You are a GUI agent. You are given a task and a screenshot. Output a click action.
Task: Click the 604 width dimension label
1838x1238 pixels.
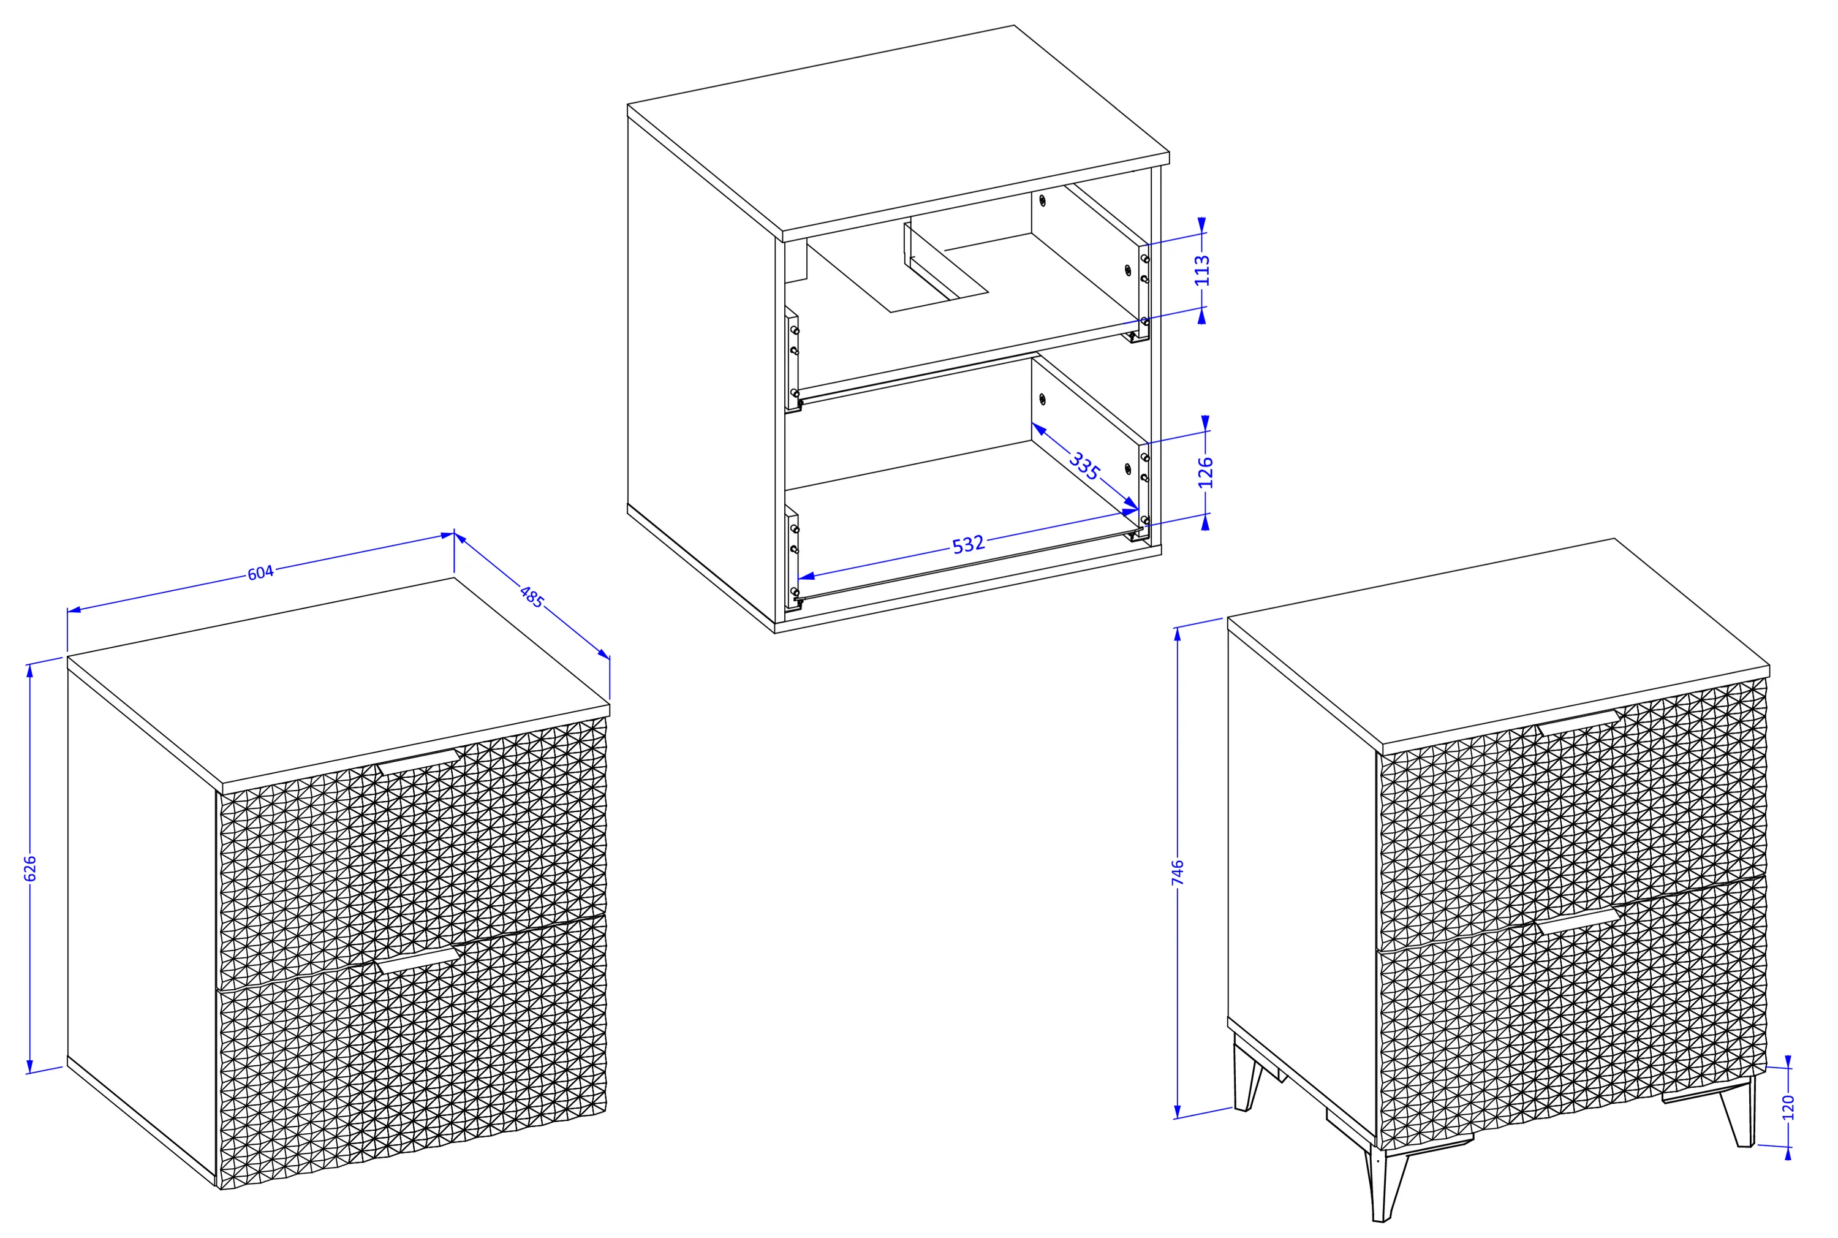pyautogui.click(x=260, y=572)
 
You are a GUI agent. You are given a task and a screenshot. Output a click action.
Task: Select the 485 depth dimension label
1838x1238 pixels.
pyautogui.click(x=532, y=597)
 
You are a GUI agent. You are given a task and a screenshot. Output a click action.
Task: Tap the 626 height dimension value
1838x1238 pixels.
pyautogui.click(x=30, y=868)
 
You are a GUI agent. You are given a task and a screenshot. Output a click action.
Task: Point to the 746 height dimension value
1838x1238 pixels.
pyautogui.click(x=1178, y=873)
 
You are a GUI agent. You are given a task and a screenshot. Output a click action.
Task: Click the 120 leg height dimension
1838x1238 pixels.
pyautogui.click(x=1789, y=1107)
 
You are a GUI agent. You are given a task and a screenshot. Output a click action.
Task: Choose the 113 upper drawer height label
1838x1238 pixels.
pyautogui.click(x=1202, y=270)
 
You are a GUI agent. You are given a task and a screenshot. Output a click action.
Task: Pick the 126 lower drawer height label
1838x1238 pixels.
pyautogui.click(x=1205, y=472)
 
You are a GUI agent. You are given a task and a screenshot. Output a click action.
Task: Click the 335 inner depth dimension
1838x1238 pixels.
pyautogui.click(x=1084, y=466)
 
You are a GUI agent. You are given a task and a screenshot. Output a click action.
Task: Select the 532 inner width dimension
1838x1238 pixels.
pyautogui.click(x=969, y=544)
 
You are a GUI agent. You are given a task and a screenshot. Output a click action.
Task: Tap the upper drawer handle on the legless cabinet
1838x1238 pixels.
pyautogui.click(x=418, y=762)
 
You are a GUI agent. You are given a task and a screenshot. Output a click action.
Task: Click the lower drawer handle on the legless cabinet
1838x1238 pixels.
pyautogui.click(x=418, y=961)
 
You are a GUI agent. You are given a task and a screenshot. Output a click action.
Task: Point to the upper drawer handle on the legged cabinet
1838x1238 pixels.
pyautogui.click(x=1578, y=723)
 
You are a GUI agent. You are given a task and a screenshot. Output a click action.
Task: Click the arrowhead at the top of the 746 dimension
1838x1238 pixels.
pyautogui.click(x=1178, y=634)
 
